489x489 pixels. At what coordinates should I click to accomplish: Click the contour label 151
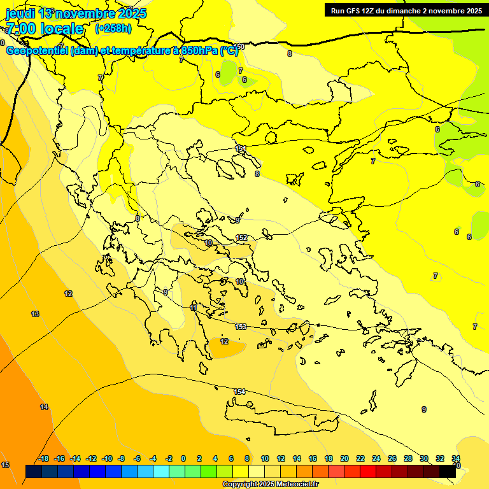[241, 148]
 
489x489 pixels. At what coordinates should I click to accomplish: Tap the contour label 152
[241, 237]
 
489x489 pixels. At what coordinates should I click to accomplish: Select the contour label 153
[241, 327]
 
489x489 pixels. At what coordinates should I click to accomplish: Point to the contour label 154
[239, 392]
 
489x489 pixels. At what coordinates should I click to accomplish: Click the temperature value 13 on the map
[35, 314]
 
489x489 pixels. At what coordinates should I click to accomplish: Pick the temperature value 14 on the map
[44, 407]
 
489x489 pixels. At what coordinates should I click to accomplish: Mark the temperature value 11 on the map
[194, 308]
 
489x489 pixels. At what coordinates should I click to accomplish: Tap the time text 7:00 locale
[45, 29]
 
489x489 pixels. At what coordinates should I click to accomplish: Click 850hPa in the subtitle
[196, 51]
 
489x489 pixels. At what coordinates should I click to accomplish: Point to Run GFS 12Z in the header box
[356, 10]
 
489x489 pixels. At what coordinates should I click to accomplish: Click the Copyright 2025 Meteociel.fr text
[270, 484]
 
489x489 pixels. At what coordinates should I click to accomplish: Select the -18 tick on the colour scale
[43, 458]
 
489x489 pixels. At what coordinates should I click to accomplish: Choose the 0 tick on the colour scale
[183, 458]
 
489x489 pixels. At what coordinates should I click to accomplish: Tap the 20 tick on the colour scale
[344, 458]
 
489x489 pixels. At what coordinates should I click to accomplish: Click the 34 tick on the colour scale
[456, 458]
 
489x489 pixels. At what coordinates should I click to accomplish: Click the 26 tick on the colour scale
[392, 458]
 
